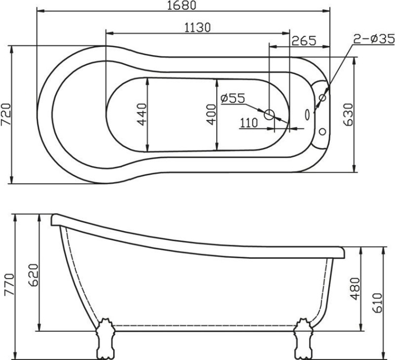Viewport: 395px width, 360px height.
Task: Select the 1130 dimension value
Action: coord(197,28)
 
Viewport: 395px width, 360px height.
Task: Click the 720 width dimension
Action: coord(6,115)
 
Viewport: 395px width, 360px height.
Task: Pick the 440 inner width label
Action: coord(141,114)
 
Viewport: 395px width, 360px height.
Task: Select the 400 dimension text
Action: coord(211,114)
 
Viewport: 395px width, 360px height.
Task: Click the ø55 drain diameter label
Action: coord(232,98)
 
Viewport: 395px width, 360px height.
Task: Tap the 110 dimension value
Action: coord(249,123)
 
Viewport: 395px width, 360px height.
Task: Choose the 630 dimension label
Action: coord(349,114)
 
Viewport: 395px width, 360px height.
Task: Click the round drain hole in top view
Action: coord(269,114)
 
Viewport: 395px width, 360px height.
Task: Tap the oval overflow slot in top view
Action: coord(307,114)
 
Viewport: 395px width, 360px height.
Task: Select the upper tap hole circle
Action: coord(323,98)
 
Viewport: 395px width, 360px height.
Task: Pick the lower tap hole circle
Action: coord(323,131)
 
